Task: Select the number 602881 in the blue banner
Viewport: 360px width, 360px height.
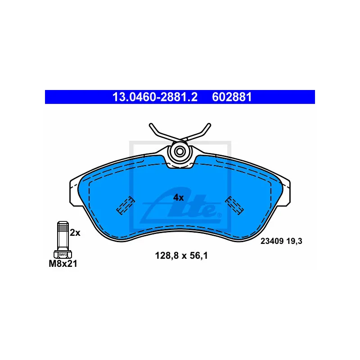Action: (232, 97)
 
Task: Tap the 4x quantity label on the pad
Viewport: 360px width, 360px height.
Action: (179, 197)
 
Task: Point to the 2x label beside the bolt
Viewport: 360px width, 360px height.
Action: (75, 233)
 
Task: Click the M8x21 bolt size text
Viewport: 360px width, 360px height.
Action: (63, 264)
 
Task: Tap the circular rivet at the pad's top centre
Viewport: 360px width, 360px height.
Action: (180, 151)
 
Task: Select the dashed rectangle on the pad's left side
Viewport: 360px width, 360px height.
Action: (126, 206)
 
